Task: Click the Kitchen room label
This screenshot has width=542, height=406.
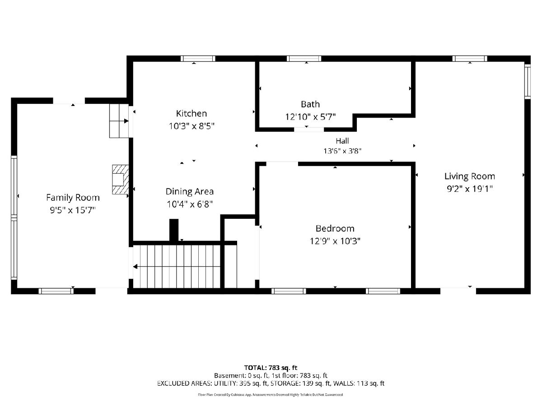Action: pos(192,113)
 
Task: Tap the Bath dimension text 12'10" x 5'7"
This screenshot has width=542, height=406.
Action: pos(310,116)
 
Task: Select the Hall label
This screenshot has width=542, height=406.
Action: pos(342,141)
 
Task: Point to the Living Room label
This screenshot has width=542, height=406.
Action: pos(470,176)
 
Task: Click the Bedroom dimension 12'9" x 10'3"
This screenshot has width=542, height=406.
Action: pos(335,241)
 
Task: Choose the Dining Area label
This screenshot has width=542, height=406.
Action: pos(190,191)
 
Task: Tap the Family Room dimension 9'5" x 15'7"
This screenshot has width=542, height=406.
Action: pos(73,210)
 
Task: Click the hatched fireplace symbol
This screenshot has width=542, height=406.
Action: pos(121,180)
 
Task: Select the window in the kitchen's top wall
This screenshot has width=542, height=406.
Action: pos(198,59)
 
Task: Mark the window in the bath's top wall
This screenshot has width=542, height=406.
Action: pos(304,59)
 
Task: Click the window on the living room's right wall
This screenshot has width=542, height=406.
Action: pos(528,82)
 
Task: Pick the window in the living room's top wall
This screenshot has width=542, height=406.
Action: pos(470,59)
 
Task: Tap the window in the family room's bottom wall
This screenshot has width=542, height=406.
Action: pos(56,291)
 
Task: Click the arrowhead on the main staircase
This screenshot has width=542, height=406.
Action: pos(135,267)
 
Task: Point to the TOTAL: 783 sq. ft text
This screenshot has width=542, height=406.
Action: pos(271,368)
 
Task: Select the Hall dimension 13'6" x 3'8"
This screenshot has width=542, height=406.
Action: pos(342,151)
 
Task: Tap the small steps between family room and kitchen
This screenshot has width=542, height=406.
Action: pos(119,121)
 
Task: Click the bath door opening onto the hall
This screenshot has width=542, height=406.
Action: pos(308,129)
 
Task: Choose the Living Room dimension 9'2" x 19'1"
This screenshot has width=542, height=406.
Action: pos(470,189)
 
